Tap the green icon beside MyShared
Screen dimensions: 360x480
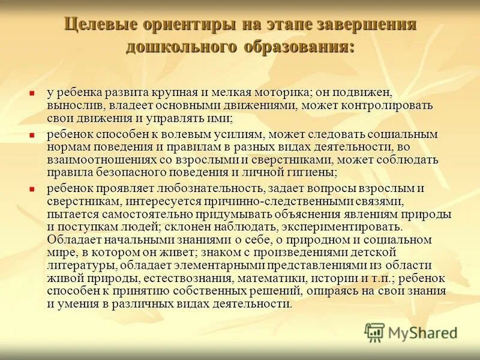click(374, 332)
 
